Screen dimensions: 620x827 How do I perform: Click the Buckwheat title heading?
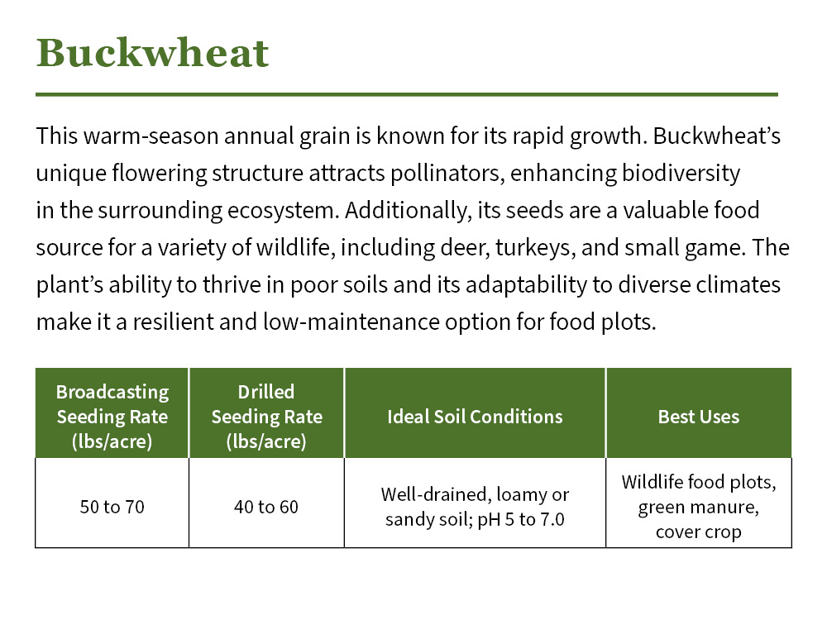pos(153,54)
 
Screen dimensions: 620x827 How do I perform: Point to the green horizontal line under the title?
pos(406,94)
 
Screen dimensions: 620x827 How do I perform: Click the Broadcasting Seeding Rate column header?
pos(112,416)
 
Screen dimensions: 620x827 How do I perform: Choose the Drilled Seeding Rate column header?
pos(266,416)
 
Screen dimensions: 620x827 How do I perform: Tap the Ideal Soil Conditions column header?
pos(475,417)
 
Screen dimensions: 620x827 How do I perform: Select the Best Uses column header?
pos(698,417)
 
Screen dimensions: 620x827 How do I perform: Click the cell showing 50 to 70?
pos(112,507)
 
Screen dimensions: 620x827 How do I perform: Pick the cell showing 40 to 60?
pos(266,507)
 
